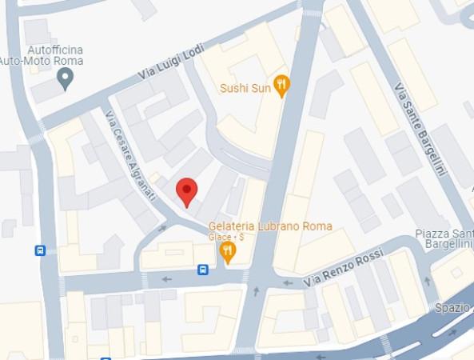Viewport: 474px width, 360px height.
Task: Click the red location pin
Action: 186,191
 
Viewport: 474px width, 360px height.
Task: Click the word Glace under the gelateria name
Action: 219,238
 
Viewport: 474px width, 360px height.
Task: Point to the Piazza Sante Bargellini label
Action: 444,238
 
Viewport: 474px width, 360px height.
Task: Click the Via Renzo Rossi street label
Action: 344,270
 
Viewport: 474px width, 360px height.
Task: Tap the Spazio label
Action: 453,307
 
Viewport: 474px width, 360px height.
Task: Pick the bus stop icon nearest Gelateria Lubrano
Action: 203,270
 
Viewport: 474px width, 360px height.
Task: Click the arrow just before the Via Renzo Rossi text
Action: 286,282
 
